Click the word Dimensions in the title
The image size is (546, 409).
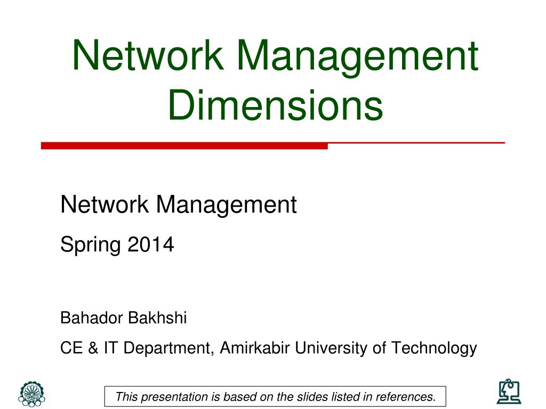[x=275, y=104]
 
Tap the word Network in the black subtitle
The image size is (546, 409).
[x=105, y=204]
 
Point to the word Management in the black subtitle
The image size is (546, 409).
[x=226, y=204]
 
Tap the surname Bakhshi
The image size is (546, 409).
[x=157, y=318]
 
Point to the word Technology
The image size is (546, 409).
[x=434, y=348]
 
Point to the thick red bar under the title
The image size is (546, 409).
[x=184, y=145]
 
